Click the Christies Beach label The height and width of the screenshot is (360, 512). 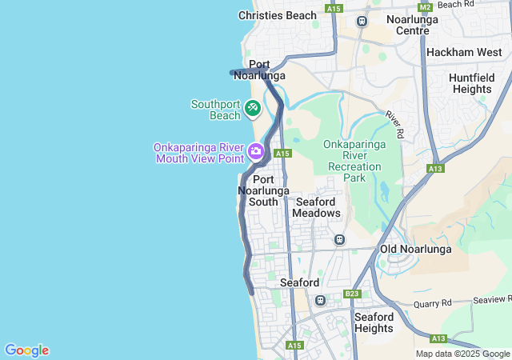pos(278,15)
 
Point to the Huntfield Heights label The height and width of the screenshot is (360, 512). pos(471,83)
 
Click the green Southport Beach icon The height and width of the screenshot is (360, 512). pos(252,106)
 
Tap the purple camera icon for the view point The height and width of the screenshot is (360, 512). pos(256,150)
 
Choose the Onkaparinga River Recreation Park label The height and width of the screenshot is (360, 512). pos(354,161)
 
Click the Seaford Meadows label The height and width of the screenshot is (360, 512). pos(317,207)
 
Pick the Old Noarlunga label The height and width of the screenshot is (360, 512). pos(415,249)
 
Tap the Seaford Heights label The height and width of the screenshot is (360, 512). pos(373,322)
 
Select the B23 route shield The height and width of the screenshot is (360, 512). pos(352,294)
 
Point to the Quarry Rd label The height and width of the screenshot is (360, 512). pos(433,303)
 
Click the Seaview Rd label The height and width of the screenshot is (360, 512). pos(491,298)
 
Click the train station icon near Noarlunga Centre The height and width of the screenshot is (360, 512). pos(362,21)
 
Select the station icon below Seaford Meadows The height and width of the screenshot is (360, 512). pos(339,239)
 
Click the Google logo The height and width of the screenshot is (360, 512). pos(26,350)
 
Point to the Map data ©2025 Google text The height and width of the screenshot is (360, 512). pos(462,354)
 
